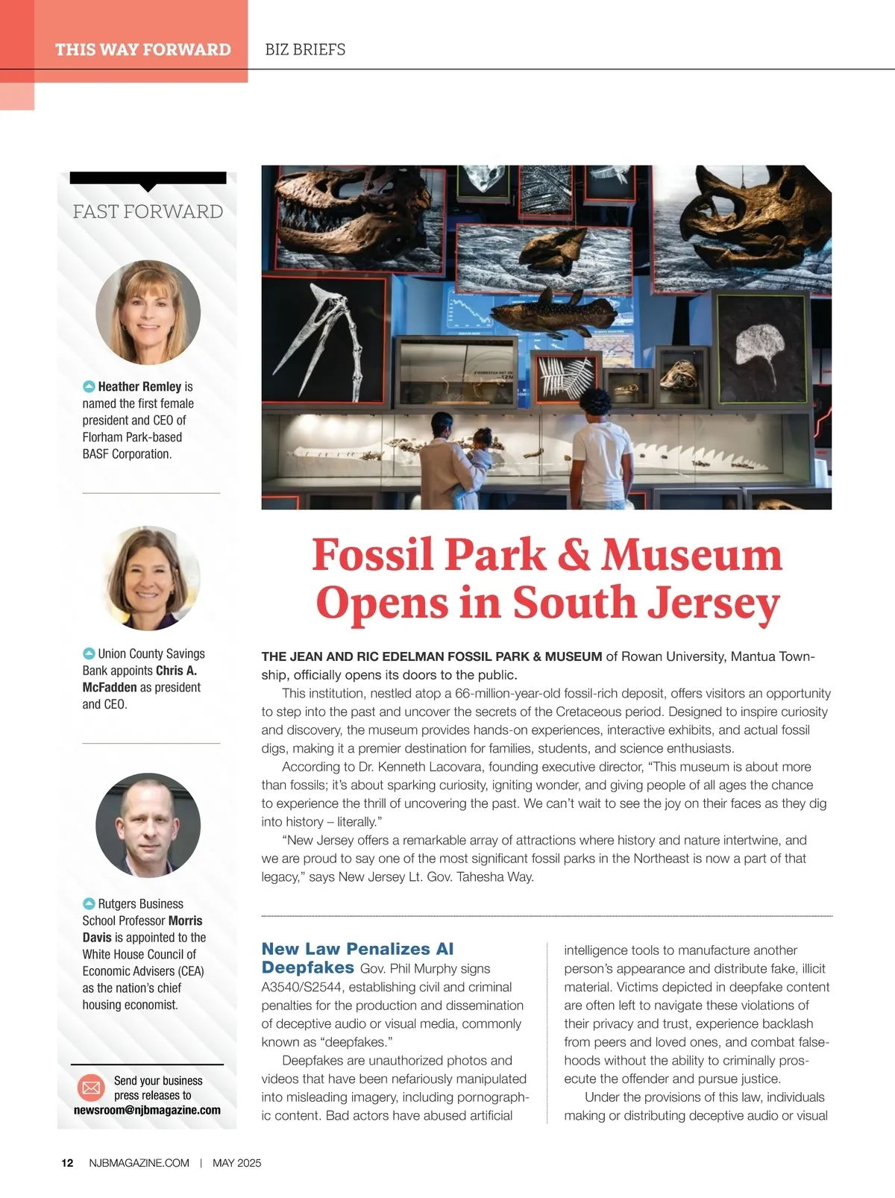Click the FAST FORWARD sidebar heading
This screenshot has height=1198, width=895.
click(148, 212)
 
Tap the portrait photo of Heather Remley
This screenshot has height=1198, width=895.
click(148, 312)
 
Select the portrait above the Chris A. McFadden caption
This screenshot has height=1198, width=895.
click(148, 578)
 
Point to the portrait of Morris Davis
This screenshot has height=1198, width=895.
click(148, 825)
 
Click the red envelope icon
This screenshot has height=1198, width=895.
click(91, 1088)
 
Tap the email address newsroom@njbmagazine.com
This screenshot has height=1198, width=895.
click(147, 1110)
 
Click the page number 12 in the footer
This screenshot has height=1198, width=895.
click(67, 1163)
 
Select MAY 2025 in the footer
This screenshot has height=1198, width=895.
click(236, 1163)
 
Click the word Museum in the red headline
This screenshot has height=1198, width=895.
click(691, 555)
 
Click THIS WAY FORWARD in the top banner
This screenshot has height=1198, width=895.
click(142, 50)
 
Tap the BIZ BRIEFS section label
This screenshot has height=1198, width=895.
click(305, 50)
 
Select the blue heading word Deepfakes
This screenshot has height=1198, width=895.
click(307, 968)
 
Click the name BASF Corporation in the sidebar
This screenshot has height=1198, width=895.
click(127, 454)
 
